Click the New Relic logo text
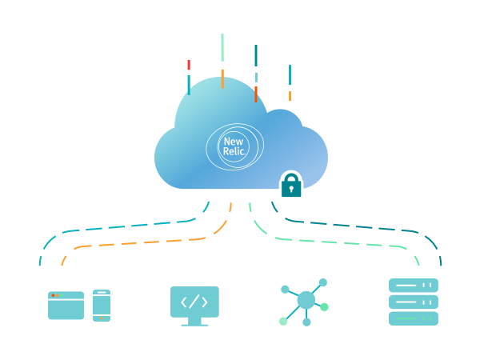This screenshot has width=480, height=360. tap(234, 146)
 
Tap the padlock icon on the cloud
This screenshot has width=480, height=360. tap(291, 185)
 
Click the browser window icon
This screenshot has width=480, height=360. tap(66, 306)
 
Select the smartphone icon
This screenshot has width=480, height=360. tap(101, 305)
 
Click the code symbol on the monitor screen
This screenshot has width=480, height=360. tap(194, 302)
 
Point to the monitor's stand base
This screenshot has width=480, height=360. tap(194, 324)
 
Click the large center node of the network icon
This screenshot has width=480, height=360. tap(306, 300)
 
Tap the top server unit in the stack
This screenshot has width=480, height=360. tap(413, 286)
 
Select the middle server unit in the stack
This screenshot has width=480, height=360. tap(413, 302)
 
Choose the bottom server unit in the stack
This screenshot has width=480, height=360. tap(413, 318)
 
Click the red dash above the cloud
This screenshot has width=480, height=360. tap(189, 65)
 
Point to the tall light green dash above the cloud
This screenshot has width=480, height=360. tap(222, 47)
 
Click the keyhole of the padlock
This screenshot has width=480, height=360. tap(291, 190)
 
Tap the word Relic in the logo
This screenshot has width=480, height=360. tap(234, 151)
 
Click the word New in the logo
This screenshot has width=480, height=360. tap(233, 142)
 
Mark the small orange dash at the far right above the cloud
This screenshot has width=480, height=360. tap(290, 96)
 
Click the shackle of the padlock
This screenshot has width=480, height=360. tap(291, 175)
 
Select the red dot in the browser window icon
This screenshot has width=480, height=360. tap(54, 295)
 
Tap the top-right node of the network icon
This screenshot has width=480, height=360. tap(323, 282)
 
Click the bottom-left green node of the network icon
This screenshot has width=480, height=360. tap(283, 322)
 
